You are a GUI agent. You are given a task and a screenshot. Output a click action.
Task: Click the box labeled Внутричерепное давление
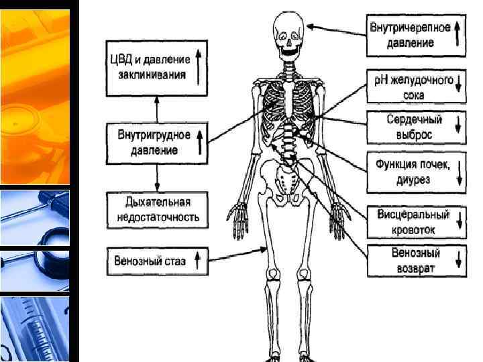click(415, 36)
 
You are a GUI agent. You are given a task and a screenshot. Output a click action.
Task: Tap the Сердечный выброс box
click(415, 127)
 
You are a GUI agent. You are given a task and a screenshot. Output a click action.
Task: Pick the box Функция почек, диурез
click(415, 172)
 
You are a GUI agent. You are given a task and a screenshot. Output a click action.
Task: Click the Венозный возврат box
click(415, 261)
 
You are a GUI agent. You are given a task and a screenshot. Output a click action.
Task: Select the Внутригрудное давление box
click(156, 141)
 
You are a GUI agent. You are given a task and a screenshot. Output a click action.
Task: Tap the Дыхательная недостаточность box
click(156, 210)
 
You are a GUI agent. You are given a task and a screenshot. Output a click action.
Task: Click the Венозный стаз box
click(156, 261)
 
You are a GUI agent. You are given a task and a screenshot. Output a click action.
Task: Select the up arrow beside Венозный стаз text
click(197, 261)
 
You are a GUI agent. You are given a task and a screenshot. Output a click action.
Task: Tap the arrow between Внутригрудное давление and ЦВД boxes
click(156, 107)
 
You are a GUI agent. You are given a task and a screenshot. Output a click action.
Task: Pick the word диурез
click(413, 180)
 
